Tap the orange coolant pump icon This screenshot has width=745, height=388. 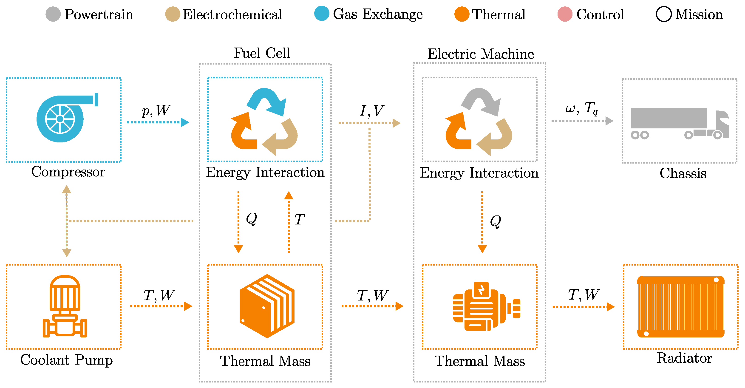pos(65,306)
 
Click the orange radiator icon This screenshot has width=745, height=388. pos(680,307)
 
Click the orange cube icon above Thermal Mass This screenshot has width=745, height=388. pos(267,306)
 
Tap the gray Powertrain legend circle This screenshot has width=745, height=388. pos(53,14)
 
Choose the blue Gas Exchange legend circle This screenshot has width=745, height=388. pos(322,14)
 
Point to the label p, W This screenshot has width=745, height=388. pos(156,110)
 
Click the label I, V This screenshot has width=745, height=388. pos(372,111)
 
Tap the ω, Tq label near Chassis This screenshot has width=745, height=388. pos(581,108)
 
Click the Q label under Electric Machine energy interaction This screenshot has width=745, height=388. pos(496,221)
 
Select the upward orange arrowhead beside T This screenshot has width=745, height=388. pos(288,196)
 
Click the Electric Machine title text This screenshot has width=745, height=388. pos(480,54)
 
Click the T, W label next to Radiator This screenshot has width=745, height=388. pos(583,295)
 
